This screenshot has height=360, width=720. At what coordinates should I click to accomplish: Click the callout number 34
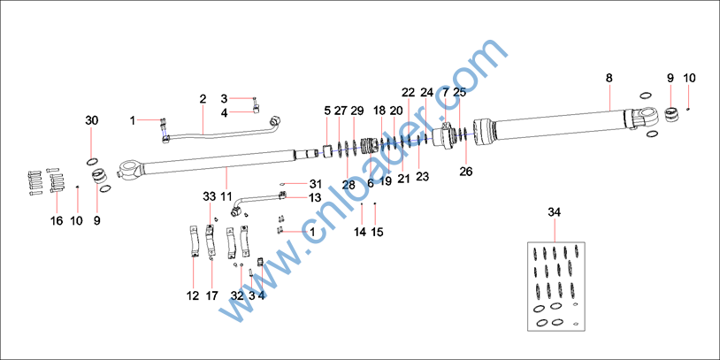point(555,212)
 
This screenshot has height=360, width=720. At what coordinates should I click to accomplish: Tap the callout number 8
point(609,78)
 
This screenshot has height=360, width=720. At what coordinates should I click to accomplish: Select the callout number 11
point(226,197)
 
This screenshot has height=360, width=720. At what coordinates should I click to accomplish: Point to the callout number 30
point(91,121)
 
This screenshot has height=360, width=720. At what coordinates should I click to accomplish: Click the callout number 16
point(57,221)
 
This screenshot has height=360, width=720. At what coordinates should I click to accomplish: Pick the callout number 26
point(466,172)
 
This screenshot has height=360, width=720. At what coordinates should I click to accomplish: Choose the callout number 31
point(315,185)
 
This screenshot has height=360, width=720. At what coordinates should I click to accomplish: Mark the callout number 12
point(193,296)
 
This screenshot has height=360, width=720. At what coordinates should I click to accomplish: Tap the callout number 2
point(203,99)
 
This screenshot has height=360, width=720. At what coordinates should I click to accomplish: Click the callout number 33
point(210,197)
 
